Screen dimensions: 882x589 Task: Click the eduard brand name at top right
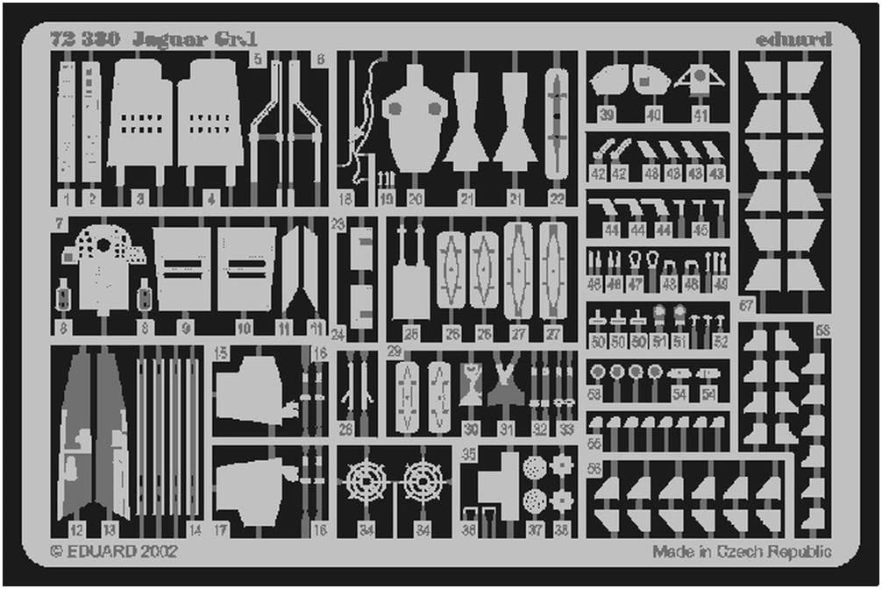[793, 39]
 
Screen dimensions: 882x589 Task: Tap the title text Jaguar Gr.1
[195, 39]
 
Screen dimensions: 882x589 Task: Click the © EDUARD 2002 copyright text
[114, 551]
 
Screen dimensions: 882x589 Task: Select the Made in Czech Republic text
[742, 551]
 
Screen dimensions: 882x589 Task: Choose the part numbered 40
[651, 82]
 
